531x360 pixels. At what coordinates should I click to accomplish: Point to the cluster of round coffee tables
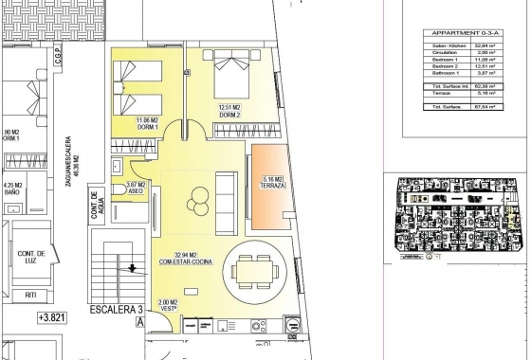199,200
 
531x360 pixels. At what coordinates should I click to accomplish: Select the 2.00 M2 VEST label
169,306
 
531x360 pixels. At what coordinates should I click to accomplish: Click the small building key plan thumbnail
458,214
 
